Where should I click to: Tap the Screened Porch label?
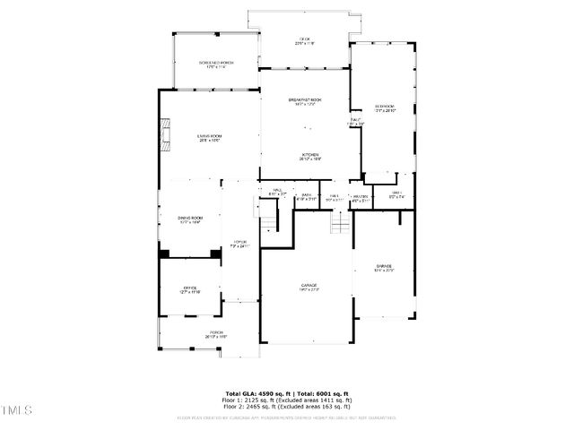point(215,64)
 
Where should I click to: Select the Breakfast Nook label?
point(304,100)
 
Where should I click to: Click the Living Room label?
point(209,137)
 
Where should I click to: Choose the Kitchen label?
point(310,156)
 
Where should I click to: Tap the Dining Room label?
point(189,219)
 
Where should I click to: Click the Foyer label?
point(239,244)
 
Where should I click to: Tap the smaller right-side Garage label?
point(384,267)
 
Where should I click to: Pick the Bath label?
point(307,196)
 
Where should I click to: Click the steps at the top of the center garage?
point(339,223)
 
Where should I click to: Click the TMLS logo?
point(16,410)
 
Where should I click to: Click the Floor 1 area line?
point(287,400)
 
